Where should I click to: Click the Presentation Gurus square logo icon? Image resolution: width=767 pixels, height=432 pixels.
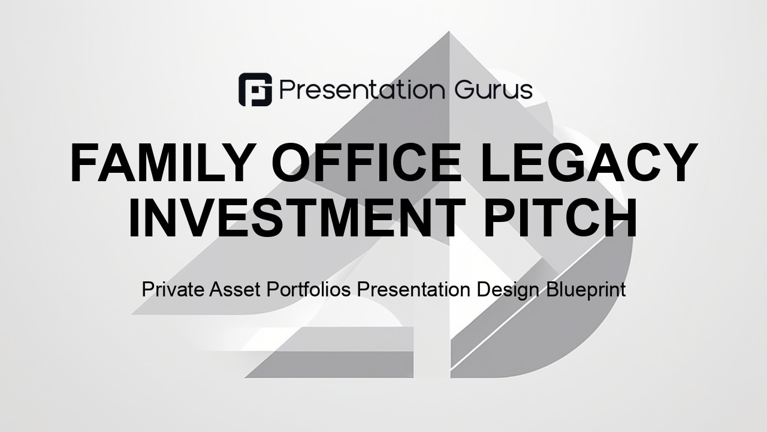click(x=255, y=89)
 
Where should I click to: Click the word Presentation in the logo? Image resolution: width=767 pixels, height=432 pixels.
click(x=363, y=89)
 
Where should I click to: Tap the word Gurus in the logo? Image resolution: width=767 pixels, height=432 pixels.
click(x=493, y=90)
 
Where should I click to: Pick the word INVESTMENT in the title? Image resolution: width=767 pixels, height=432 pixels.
click(x=297, y=217)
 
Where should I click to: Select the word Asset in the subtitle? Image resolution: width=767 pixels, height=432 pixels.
click(x=234, y=289)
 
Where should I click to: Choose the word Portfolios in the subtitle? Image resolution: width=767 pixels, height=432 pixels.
click(x=309, y=289)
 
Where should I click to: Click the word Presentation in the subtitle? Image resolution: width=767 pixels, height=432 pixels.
click(x=413, y=289)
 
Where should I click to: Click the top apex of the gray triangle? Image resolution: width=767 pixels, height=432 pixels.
click(x=449, y=32)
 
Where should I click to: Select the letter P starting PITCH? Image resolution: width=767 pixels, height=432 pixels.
click(x=500, y=217)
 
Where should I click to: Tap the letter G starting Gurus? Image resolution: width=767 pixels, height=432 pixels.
click(x=464, y=90)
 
